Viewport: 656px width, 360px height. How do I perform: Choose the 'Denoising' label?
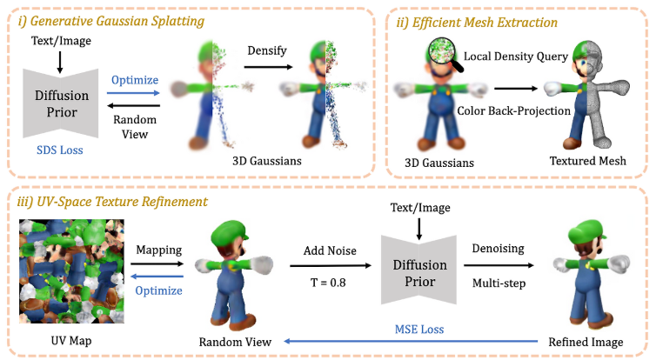(x=497, y=249)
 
